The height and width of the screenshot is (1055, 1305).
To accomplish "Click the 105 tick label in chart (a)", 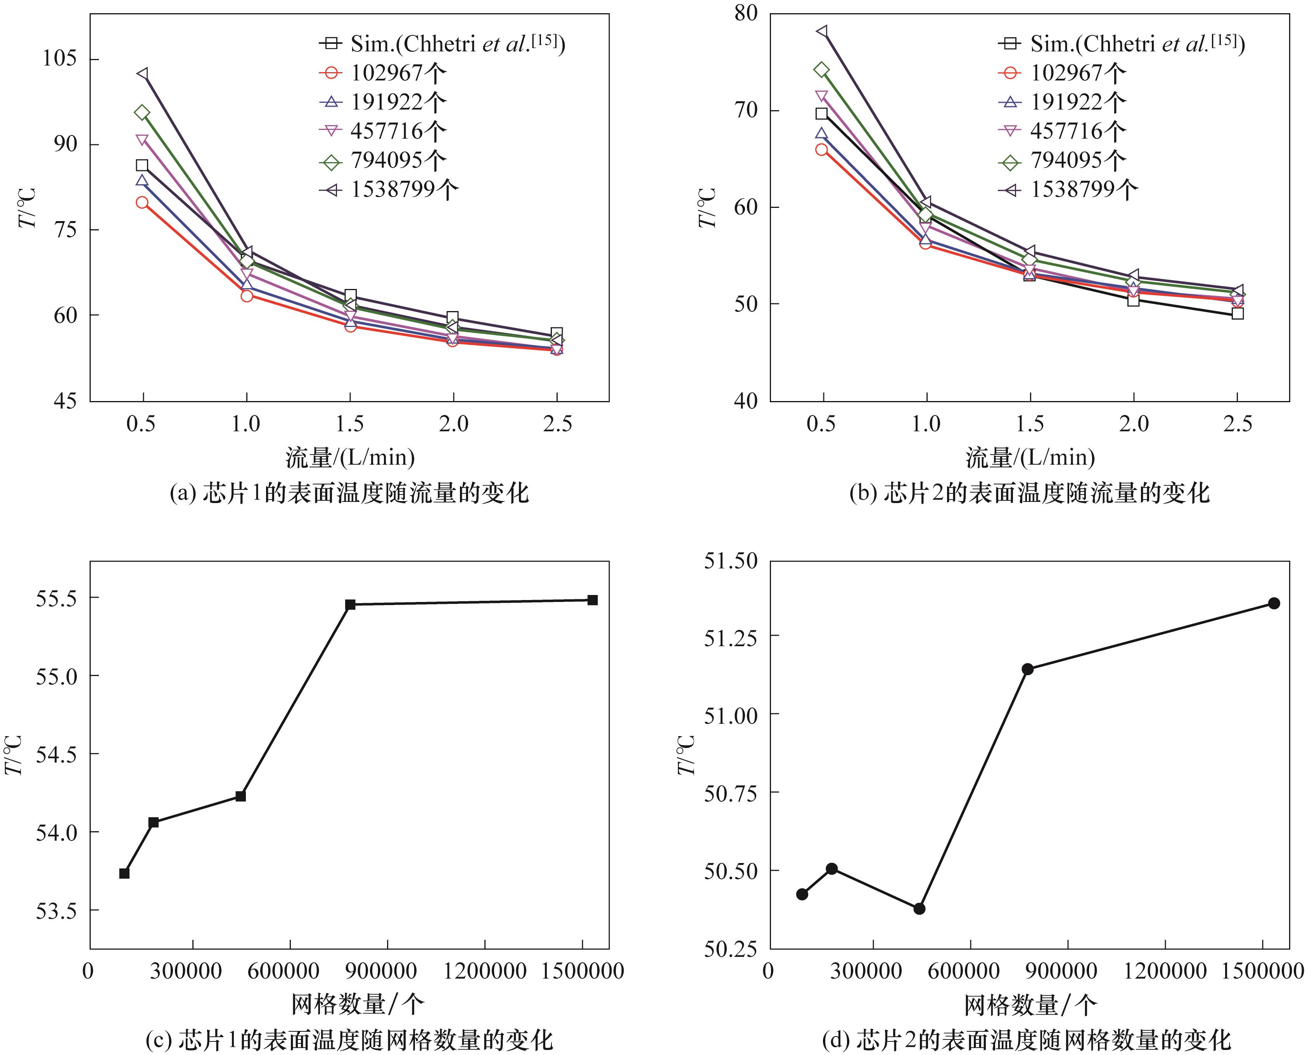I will tap(60, 59).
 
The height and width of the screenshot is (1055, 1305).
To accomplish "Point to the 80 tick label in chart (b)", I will tap(745, 13).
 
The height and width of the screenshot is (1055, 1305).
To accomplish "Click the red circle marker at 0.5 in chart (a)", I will tap(142, 202).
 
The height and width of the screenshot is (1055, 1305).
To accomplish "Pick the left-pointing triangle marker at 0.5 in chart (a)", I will tap(142, 74).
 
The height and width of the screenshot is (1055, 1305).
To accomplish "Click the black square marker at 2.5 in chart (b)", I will tap(1238, 313).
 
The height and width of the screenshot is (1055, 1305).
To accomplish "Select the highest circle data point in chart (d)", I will tap(1274, 603).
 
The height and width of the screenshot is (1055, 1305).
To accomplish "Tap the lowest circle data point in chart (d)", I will tap(919, 908).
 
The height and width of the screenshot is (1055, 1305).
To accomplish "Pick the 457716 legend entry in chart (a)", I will tap(398, 131).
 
